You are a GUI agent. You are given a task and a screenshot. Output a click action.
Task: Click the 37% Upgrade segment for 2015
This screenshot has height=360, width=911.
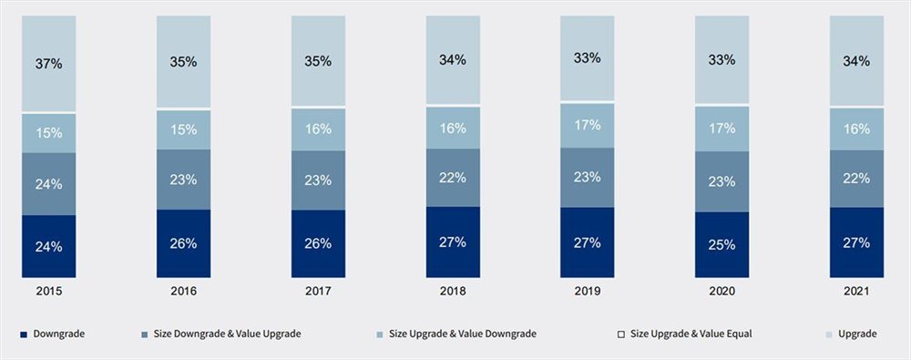coord(49,64)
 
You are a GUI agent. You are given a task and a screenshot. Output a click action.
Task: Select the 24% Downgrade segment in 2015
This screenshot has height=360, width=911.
coord(49,246)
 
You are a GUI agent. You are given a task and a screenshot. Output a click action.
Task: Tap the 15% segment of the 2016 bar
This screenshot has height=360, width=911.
coord(183,130)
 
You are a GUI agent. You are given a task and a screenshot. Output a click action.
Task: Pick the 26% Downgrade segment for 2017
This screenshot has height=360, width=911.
coord(318,243)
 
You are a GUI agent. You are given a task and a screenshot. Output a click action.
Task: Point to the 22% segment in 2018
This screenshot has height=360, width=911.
coord(453,178)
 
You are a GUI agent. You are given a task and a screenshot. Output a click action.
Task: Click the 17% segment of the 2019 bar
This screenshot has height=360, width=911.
coord(588,126)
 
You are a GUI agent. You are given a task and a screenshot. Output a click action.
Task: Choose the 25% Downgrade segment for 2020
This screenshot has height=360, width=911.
coord(722,244)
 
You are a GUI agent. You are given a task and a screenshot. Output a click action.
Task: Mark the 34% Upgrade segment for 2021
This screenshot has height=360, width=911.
coord(856,61)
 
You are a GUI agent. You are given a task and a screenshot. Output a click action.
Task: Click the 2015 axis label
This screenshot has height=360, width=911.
coord(49,292)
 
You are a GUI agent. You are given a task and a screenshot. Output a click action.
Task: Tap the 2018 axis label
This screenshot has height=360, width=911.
coord(453,292)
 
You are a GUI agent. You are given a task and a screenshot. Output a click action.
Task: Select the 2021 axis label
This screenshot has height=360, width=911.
coord(856,292)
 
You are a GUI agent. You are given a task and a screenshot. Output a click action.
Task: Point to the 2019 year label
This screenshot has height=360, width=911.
coord(588,292)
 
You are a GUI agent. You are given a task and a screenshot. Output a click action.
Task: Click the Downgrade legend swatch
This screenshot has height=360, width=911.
coord(22,334)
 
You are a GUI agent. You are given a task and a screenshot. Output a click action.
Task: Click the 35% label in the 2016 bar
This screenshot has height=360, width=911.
coord(183,61)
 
